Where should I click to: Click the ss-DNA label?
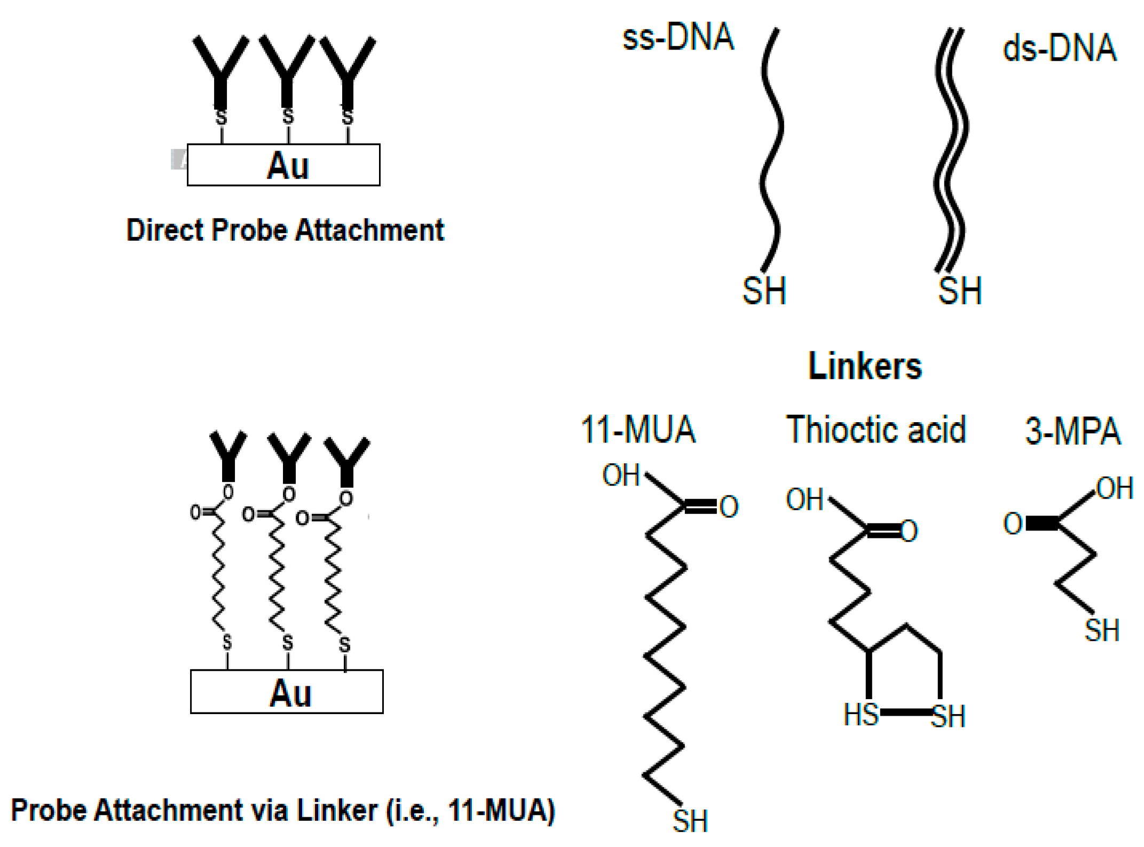click(678, 38)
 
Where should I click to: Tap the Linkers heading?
click(865, 366)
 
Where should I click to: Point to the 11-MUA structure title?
click(638, 430)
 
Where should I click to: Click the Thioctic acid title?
click(876, 430)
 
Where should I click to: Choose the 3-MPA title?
click(1072, 432)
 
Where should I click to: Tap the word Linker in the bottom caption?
click(337, 810)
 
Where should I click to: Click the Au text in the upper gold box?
click(288, 166)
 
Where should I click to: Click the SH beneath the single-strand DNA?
click(764, 291)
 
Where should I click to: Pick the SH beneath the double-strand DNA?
click(960, 291)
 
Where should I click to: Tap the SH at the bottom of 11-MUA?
click(690, 821)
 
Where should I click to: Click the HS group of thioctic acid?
click(861, 715)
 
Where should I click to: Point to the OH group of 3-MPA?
click(1115, 488)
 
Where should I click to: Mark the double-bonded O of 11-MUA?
click(729, 506)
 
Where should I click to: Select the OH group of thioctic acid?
click(804, 500)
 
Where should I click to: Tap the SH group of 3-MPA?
click(1101, 630)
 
